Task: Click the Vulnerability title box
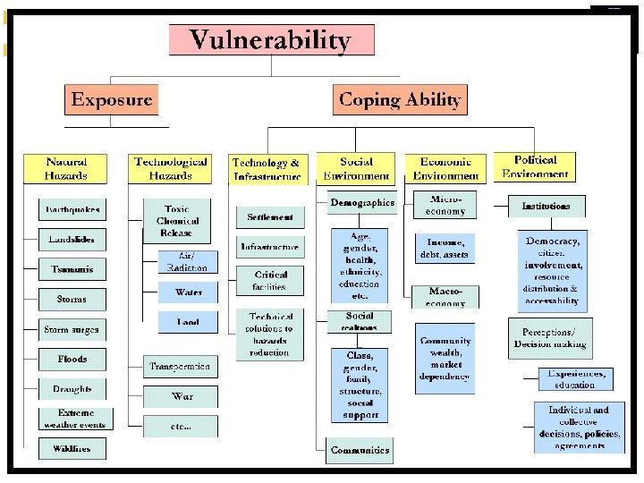click(x=271, y=40)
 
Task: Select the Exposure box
click(x=111, y=99)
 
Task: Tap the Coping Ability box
click(x=400, y=99)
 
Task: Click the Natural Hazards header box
click(x=66, y=168)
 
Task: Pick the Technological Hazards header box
click(x=170, y=168)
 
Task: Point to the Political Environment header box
click(x=536, y=167)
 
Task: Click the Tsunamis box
click(x=72, y=269)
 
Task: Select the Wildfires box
click(x=72, y=447)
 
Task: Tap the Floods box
click(x=72, y=359)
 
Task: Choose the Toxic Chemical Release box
click(x=177, y=220)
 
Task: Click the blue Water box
click(x=188, y=292)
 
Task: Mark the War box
click(x=182, y=395)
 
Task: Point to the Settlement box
click(x=270, y=217)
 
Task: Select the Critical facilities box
click(x=270, y=281)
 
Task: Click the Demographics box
click(x=361, y=203)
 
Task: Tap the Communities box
click(x=360, y=450)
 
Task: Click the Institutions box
click(x=547, y=207)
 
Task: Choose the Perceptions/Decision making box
click(x=550, y=339)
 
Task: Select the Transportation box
click(x=181, y=367)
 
